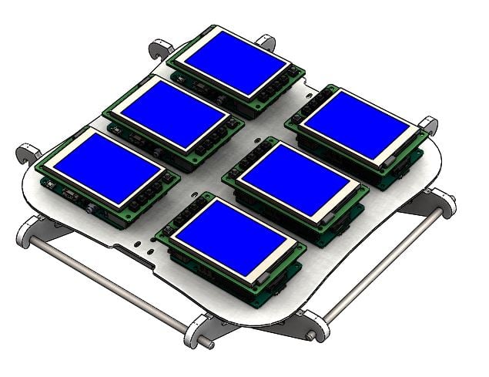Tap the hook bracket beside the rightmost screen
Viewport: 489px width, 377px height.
pyautogui.click(x=428, y=125)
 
